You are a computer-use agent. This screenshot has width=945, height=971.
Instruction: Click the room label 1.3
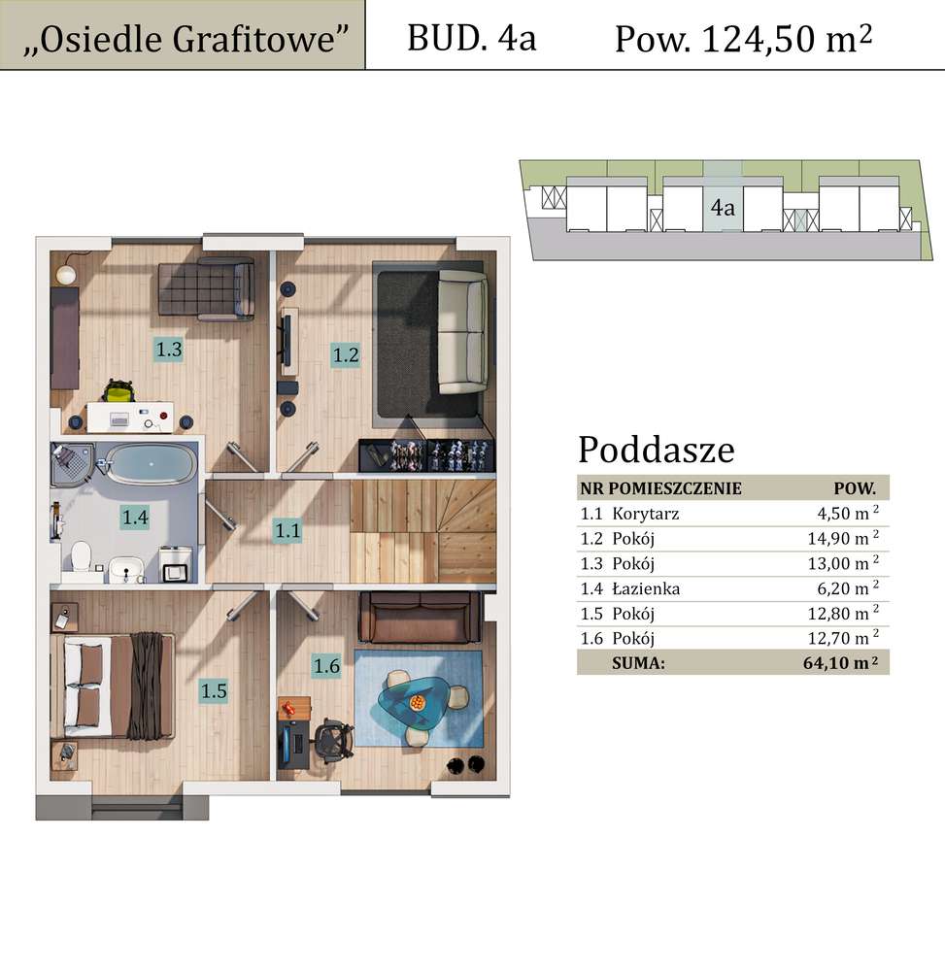tap(169, 349)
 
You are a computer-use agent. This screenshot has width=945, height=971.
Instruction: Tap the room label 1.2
tap(346, 354)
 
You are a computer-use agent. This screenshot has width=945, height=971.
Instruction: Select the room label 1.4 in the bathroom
tap(135, 518)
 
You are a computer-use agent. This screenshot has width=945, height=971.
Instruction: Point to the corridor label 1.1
tap(287, 530)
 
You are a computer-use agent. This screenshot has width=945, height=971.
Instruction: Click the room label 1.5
tap(214, 690)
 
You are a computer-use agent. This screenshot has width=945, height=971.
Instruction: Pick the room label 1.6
tap(325, 665)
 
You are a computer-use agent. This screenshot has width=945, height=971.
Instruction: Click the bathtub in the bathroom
tap(148, 465)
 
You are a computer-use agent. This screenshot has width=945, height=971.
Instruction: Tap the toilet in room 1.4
tap(81, 557)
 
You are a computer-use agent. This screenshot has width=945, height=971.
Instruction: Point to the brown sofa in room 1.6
tap(419, 619)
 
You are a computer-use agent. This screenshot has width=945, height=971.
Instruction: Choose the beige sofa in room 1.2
tap(462, 332)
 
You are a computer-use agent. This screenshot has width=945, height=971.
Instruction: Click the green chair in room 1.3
tap(118, 391)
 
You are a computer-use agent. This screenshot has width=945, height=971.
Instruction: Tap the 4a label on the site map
tap(722, 208)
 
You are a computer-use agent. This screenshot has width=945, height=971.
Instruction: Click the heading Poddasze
tap(656, 450)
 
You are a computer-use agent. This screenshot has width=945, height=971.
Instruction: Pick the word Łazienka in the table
tap(646, 588)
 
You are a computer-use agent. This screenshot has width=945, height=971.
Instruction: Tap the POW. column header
tap(855, 487)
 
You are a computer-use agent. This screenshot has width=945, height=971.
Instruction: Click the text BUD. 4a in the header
tap(471, 38)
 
